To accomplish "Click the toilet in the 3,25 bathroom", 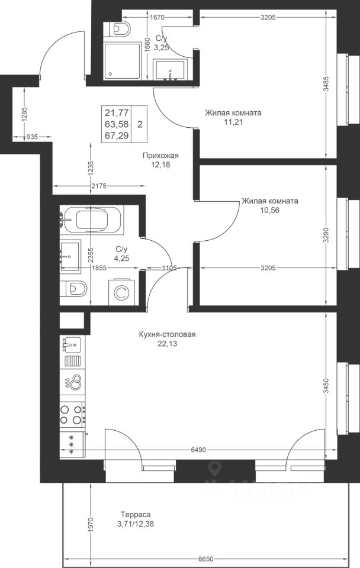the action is (x=118, y=28).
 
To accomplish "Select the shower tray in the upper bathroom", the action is (x=122, y=61).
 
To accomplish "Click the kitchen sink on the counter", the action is (x=72, y=344).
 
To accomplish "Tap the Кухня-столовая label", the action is (x=167, y=334).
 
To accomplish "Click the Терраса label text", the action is (x=136, y=514).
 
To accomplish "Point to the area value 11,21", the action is (x=233, y=122).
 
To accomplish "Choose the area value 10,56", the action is (x=270, y=210).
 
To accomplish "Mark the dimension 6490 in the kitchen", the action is (x=198, y=450).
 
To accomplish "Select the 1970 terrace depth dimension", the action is (x=91, y=524).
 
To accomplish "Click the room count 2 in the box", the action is (x=140, y=124).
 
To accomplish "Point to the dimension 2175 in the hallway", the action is (x=99, y=186).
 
